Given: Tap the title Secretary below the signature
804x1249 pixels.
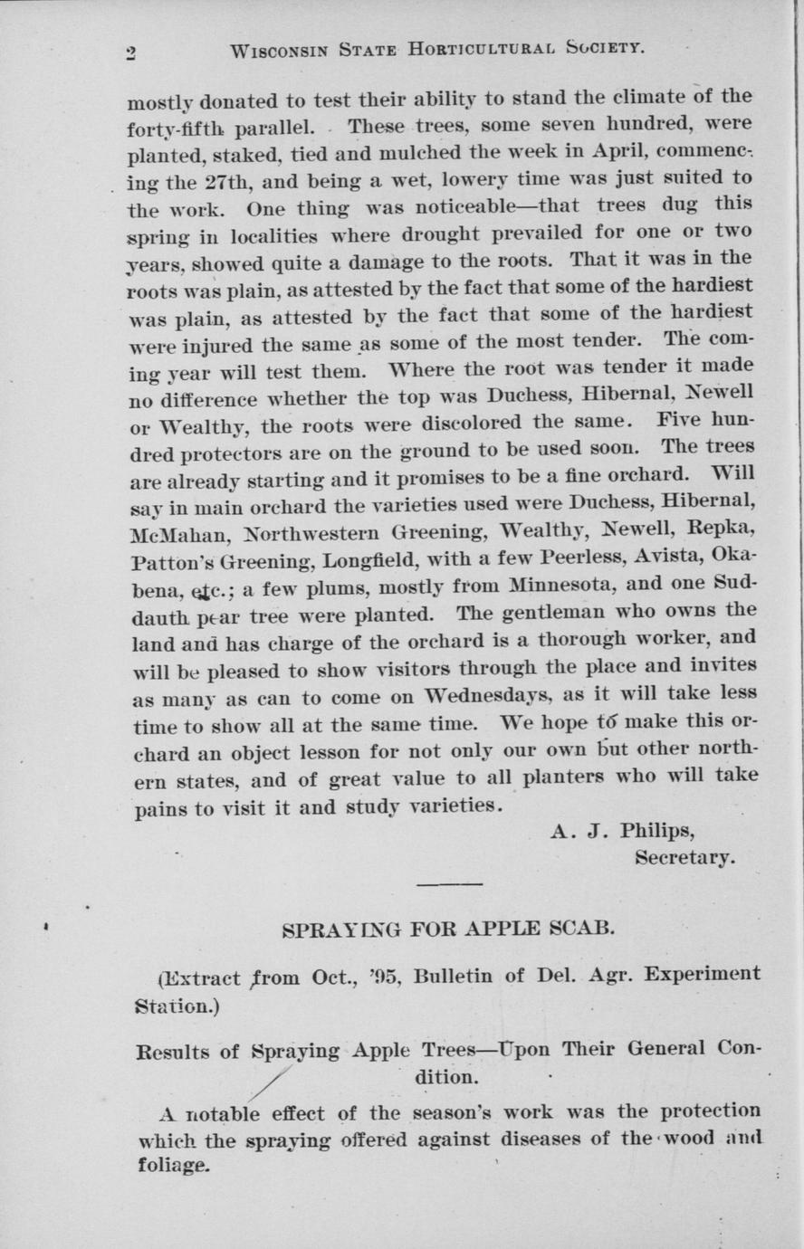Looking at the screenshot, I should click(x=684, y=856).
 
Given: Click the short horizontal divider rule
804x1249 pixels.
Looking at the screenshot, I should click(x=450, y=883).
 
